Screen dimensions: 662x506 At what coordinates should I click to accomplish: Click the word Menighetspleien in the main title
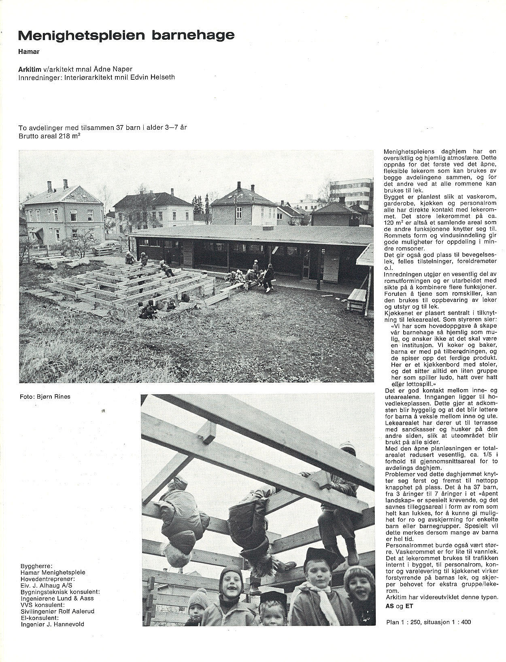click(81, 36)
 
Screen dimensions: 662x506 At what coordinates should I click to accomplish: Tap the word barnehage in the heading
click(193, 36)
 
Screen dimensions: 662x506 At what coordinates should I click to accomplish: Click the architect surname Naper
click(123, 69)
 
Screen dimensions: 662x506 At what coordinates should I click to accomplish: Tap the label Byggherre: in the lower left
click(36, 566)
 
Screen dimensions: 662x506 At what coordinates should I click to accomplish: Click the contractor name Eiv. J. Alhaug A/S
click(47, 585)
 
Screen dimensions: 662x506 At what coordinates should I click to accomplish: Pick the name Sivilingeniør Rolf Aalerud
click(57, 611)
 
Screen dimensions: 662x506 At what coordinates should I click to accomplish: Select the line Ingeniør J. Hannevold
click(52, 624)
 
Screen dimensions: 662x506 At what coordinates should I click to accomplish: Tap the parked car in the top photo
click(107, 246)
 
